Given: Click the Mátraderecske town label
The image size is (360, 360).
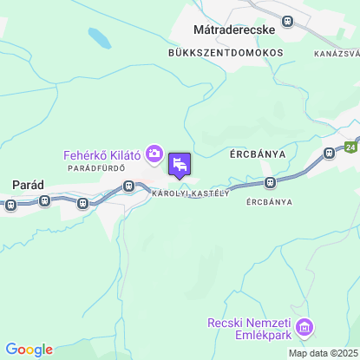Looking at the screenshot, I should (x=233, y=29).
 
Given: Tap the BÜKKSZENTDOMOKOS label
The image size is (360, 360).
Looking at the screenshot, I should (x=226, y=52).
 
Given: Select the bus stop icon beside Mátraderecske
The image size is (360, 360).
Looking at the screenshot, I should (x=288, y=21).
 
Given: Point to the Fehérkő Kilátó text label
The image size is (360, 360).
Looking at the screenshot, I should (x=102, y=154).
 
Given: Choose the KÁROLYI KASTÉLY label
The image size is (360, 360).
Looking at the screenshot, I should (x=190, y=193).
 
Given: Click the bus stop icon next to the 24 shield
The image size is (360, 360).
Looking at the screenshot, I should (x=329, y=153).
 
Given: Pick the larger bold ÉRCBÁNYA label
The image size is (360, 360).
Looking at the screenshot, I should (x=258, y=154).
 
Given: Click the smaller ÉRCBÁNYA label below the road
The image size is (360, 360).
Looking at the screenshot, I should (x=269, y=201).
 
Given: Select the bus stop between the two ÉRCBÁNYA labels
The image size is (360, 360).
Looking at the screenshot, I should (x=271, y=183).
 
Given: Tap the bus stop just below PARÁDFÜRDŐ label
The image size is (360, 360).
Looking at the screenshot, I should (x=129, y=185).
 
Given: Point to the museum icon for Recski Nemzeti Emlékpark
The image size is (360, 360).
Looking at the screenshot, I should (x=304, y=328).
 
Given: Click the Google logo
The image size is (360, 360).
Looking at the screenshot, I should (x=29, y=350).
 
